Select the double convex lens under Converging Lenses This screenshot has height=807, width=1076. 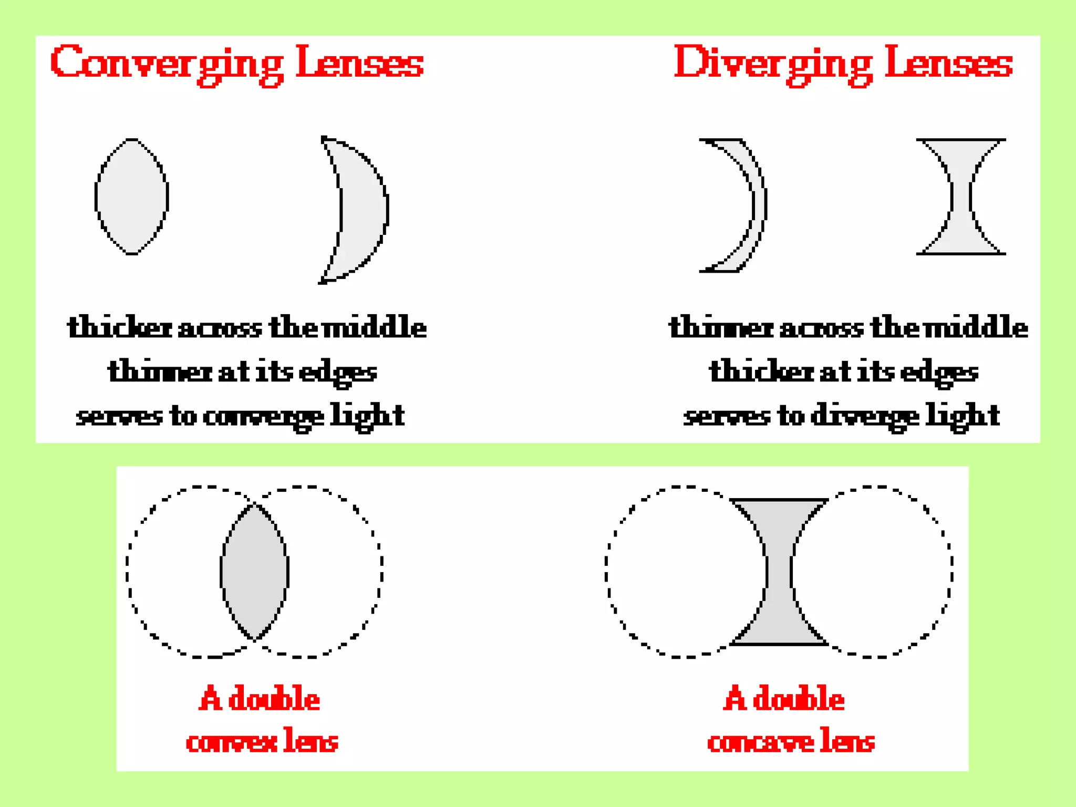point(131,196)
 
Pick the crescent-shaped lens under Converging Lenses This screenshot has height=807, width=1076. point(363,210)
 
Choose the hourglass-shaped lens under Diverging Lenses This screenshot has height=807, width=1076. point(961,196)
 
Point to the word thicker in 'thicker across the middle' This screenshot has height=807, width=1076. point(119,327)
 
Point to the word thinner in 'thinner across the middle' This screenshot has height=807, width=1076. point(721,327)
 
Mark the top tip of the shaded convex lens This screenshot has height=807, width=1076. point(254,504)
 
